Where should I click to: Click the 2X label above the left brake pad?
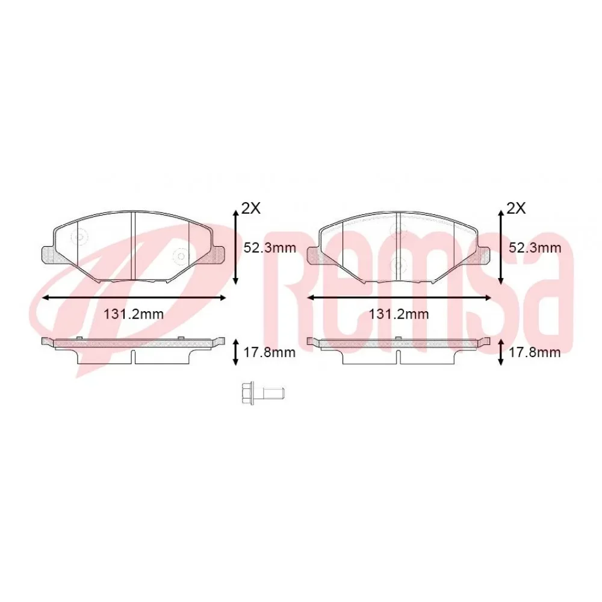click(251, 208)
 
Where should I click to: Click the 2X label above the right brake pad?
click(517, 208)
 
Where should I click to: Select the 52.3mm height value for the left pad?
click(270, 247)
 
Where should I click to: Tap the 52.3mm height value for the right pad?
click(536, 247)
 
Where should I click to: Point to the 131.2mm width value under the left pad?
click(134, 314)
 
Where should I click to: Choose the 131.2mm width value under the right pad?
click(399, 314)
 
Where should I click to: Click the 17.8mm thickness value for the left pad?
click(270, 352)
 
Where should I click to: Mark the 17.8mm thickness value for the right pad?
click(536, 352)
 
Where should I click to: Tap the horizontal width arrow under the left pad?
click(134, 297)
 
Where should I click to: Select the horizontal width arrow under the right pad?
click(399, 297)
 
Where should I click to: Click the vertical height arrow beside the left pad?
click(236, 247)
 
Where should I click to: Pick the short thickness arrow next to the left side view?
click(236, 352)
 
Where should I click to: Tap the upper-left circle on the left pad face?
click(79, 238)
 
